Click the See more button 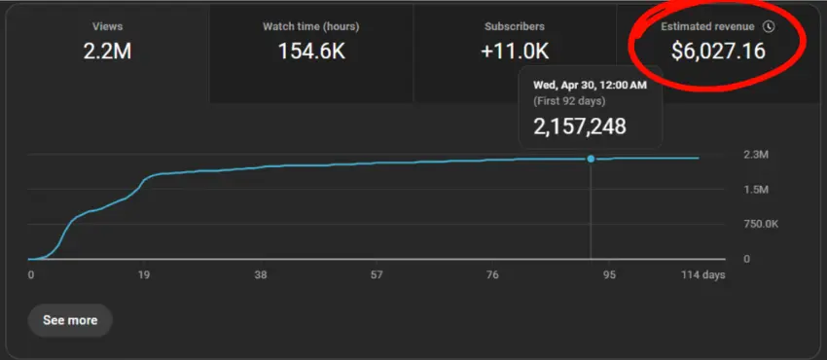[x=70, y=320]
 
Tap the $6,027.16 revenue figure [x=718, y=51]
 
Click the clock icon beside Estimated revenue [x=769, y=26]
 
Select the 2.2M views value [x=107, y=52]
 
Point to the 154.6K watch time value [x=311, y=52]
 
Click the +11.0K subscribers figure [x=515, y=52]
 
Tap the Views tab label [x=107, y=26]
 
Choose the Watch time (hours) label [x=311, y=26]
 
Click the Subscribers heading [x=515, y=26]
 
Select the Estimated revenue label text [x=707, y=26]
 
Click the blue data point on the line [x=591, y=159]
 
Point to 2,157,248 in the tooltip [x=580, y=126]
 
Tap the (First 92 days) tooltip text [x=569, y=100]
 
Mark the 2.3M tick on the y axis [x=755, y=155]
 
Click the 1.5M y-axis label [x=755, y=189]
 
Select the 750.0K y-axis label [x=761, y=225]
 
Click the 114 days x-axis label [x=703, y=274]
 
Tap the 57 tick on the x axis [x=377, y=274]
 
